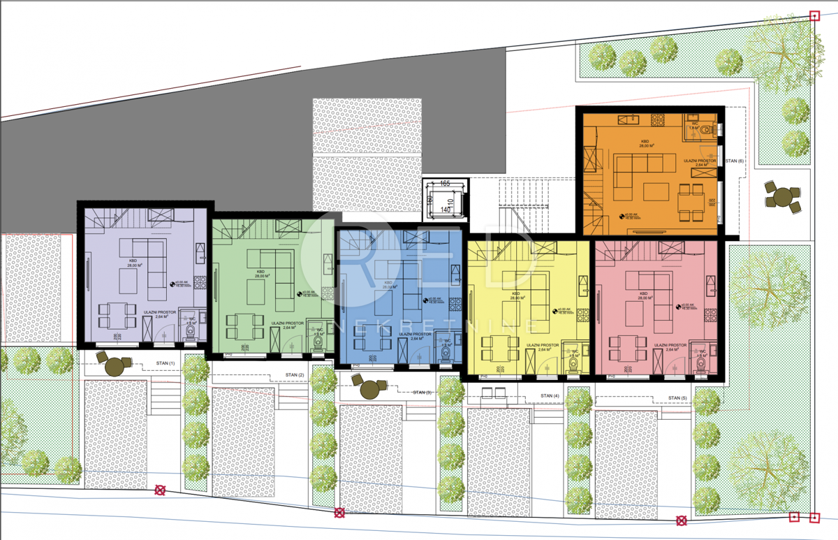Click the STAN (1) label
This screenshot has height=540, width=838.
pyautogui.click(x=165, y=363)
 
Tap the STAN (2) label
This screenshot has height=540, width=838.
pyautogui.click(x=295, y=376)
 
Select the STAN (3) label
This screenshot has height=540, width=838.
pyautogui.click(x=422, y=393)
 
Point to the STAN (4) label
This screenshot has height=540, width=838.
pyautogui.click(x=550, y=397)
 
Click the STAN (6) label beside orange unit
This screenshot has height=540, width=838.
pyautogui.click(x=735, y=161)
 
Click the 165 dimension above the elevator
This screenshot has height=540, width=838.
pyautogui.click(x=445, y=184)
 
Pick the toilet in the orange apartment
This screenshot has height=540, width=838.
pyautogui.click(x=708, y=129)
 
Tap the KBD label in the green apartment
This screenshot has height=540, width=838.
pyautogui.click(x=260, y=272)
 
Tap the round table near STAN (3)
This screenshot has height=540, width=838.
pyautogui.click(x=369, y=388)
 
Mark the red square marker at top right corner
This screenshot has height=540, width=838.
pyautogui.click(x=814, y=15)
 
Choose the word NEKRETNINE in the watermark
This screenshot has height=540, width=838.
pyautogui.click(x=437, y=325)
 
